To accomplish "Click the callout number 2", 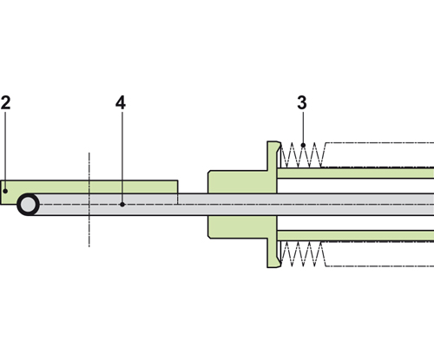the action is (5, 102).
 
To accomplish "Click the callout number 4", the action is (121, 102).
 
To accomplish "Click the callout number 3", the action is (302, 102).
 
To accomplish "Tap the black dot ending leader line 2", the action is (5, 191).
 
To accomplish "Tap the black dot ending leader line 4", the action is (122, 205).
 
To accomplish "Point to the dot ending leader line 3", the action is (303, 145).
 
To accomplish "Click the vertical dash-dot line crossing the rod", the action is (89, 200).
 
